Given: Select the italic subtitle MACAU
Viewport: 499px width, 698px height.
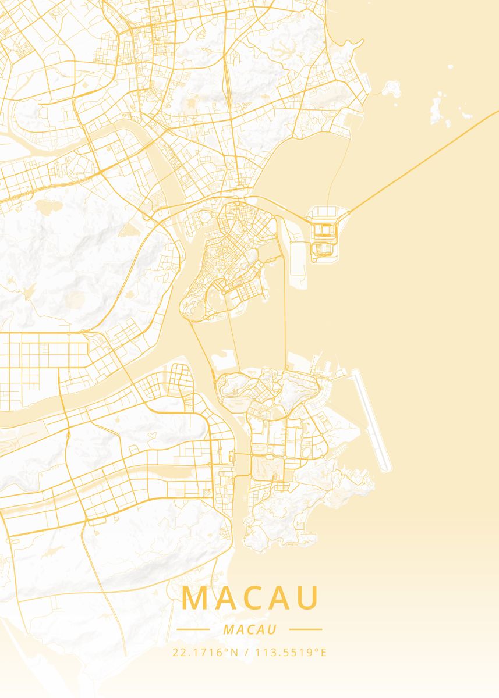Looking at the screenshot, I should click(249, 629).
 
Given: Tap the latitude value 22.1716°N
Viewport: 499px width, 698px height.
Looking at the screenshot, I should click(206, 652).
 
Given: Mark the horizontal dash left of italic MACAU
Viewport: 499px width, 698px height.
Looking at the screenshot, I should click(193, 629).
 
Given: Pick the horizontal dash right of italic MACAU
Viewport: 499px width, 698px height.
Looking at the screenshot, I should click(305, 629).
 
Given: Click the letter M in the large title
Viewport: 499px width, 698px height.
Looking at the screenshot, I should click(196, 598).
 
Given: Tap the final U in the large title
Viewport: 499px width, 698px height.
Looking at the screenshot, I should click(309, 598).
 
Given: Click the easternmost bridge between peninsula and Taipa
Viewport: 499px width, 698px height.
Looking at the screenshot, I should click(286, 314).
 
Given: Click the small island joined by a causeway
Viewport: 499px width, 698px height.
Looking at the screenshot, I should click(391, 88).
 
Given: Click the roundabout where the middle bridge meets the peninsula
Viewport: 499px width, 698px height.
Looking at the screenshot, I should click(222, 292).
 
